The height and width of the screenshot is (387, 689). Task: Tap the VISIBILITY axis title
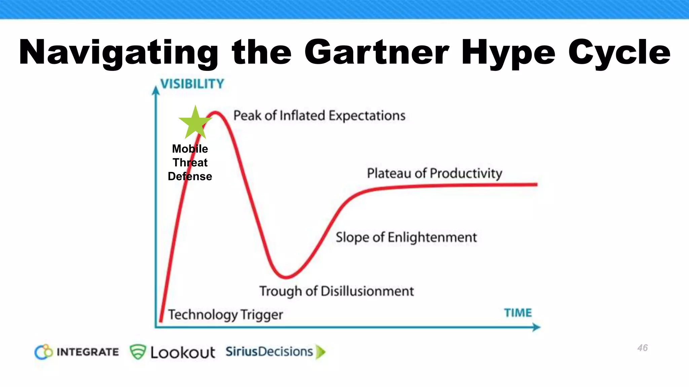pyautogui.click(x=192, y=84)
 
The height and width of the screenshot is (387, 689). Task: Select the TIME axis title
pyautogui.click(x=518, y=313)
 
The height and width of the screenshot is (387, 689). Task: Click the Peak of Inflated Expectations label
pyautogui.click(x=319, y=116)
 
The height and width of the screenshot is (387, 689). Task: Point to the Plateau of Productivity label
pyautogui.click(x=434, y=173)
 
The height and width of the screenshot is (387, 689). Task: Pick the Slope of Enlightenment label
pyautogui.click(x=406, y=238)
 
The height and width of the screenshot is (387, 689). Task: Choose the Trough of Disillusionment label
pyautogui.click(x=336, y=291)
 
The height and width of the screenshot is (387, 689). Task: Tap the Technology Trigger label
pyautogui.click(x=225, y=315)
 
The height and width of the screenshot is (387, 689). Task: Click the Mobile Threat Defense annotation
pyautogui.click(x=190, y=163)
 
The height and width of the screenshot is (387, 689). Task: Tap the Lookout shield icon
pyautogui.click(x=138, y=352)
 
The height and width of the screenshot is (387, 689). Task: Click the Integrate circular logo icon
pyautogui.click(x=44, y=352)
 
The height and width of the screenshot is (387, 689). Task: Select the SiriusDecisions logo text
pyautogui.click(x=269, y=352)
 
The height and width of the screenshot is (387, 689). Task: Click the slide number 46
pyautogui.click(x=642, y=348)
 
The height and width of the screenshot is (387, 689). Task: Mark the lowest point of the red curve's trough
pyautogui.click(x=286, y=277)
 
